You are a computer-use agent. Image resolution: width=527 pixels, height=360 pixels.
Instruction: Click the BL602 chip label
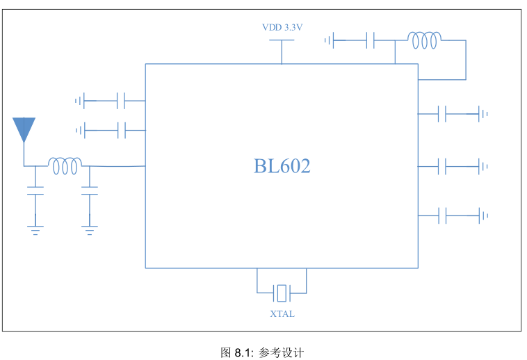point(282,166)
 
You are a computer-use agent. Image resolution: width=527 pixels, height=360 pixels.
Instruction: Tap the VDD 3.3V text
point(282,28)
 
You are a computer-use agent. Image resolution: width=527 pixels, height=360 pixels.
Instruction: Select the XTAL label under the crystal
point(282,313)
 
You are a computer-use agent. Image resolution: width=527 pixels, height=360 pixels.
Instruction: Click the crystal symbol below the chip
point(282,293)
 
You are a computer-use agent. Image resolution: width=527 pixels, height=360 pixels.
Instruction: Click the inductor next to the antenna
point(65,165)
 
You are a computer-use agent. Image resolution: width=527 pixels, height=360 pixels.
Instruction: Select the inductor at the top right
point(425,40)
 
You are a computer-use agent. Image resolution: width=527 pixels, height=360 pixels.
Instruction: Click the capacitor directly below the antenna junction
point(35,190)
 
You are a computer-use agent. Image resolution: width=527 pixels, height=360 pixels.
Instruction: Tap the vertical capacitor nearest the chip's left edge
point(90,190)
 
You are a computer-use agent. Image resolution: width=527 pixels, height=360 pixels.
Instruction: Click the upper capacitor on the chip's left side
point(121,100)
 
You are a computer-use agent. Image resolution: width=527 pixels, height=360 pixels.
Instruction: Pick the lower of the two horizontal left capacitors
point(122,130)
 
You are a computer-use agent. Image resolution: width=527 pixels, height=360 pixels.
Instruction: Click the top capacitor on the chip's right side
point(442,114)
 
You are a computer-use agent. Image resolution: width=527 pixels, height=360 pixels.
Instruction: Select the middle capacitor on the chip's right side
point(442,166)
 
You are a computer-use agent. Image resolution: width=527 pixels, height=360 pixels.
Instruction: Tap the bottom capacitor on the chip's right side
point(442,215)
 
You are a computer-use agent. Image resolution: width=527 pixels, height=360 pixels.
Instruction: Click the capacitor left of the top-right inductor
point(371,40)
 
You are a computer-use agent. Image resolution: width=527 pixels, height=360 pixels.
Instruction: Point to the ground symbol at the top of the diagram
point(329,40)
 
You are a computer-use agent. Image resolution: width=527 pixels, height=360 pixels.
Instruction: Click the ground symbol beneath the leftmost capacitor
point(35,230)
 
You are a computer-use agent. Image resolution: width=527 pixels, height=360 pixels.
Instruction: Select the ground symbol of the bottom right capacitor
point(483,215)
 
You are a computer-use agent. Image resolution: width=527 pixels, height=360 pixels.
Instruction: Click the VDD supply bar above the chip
point(282,40)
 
